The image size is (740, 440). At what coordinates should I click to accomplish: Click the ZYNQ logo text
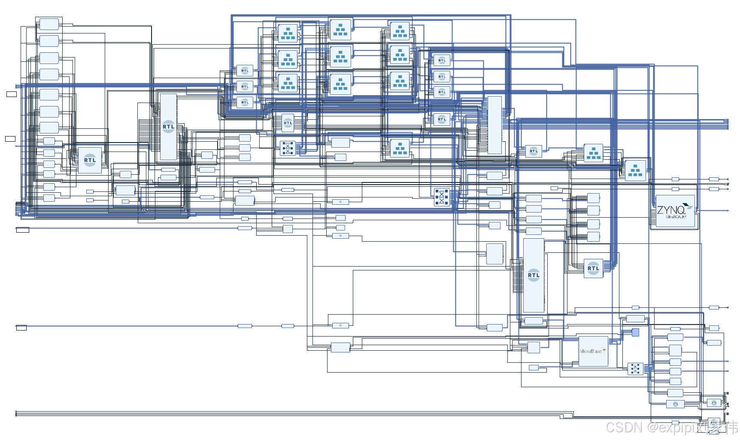(x=671, y=210)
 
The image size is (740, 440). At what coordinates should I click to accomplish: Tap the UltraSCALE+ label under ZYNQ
(x=676, y=217)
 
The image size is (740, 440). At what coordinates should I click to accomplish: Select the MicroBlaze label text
(x=590, y=351)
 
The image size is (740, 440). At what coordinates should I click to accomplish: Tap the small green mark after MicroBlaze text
(x=604, y=350)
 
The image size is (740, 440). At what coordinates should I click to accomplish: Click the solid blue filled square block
(x=635, y=332)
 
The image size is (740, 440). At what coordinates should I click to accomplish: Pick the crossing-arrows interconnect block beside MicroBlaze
(x=635, y=368)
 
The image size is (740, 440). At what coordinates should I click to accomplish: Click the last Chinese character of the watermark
(x=730, y=428)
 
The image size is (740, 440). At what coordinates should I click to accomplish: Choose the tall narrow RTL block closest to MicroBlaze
(x=534, y=275)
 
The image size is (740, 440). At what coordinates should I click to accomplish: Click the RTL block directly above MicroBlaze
(x=593, y=268)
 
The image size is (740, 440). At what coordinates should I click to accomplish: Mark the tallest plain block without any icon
(x=494, y=125)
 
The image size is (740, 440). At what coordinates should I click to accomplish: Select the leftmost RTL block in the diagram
(x=90, y=160)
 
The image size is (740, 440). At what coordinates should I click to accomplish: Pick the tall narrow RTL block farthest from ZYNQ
(x=168, y=127)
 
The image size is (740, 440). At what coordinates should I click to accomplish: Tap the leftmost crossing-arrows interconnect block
(x=288, y=148)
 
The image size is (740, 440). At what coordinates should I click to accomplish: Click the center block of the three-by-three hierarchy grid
(x=340, y=56)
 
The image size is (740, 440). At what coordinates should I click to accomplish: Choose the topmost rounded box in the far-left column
(x=49, y=24)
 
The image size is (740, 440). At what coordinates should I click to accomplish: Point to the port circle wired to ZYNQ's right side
(x=728, y=210)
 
